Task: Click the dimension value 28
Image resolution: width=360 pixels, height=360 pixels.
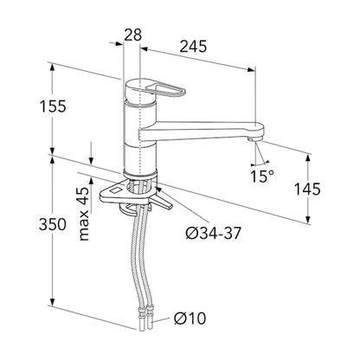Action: pos(133,35)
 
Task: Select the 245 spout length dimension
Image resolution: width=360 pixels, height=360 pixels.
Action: pos(193,47)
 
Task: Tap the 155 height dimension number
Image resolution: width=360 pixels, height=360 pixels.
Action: pos(53,106)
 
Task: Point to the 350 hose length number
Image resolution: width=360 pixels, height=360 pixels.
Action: pos(53,224)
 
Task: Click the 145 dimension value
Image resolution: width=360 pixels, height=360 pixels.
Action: pos(307,190)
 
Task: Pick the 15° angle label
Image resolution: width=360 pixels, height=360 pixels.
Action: pos(262,176)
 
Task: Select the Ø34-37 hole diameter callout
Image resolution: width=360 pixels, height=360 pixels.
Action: pos(213,233)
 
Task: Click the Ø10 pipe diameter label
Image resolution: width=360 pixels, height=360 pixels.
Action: pos(190,318)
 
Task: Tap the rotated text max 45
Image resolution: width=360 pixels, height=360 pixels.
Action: pos(84,214)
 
